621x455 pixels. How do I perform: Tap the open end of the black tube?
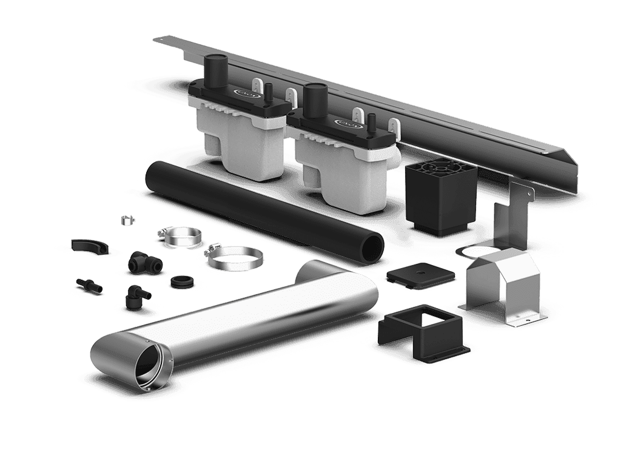tap(369, 250)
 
